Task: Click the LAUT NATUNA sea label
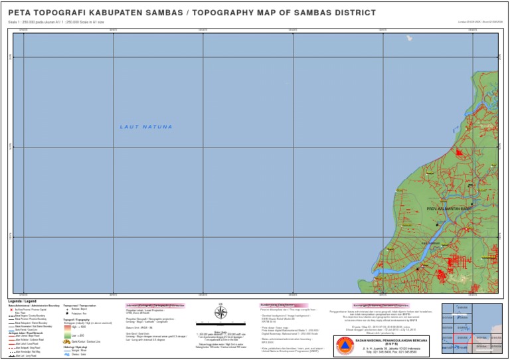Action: [146, 127]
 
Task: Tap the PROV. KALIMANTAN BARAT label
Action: [452, 209]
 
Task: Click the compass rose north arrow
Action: [221, 313]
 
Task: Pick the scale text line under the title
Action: [56, 22]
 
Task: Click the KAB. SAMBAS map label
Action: [431, 243]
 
